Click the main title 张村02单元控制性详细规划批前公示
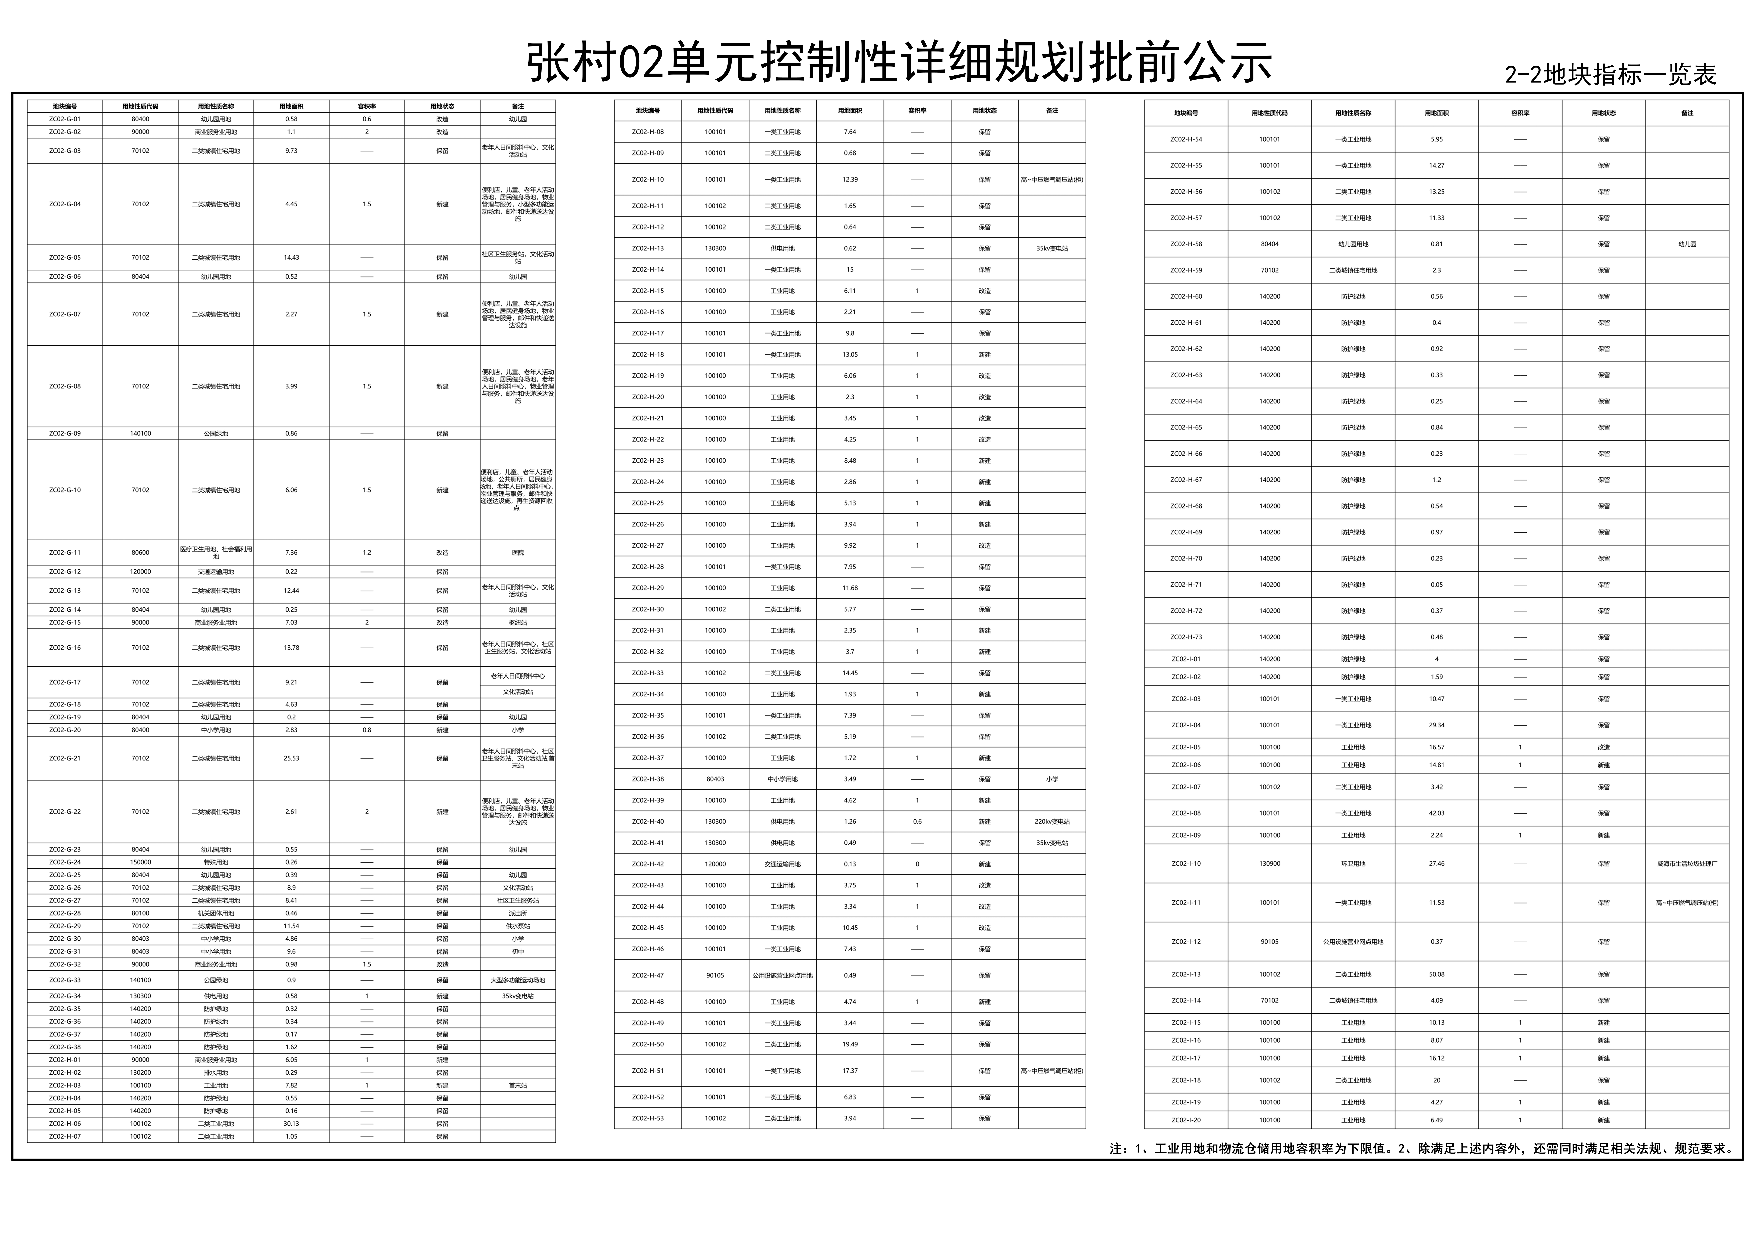click(899, 63)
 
